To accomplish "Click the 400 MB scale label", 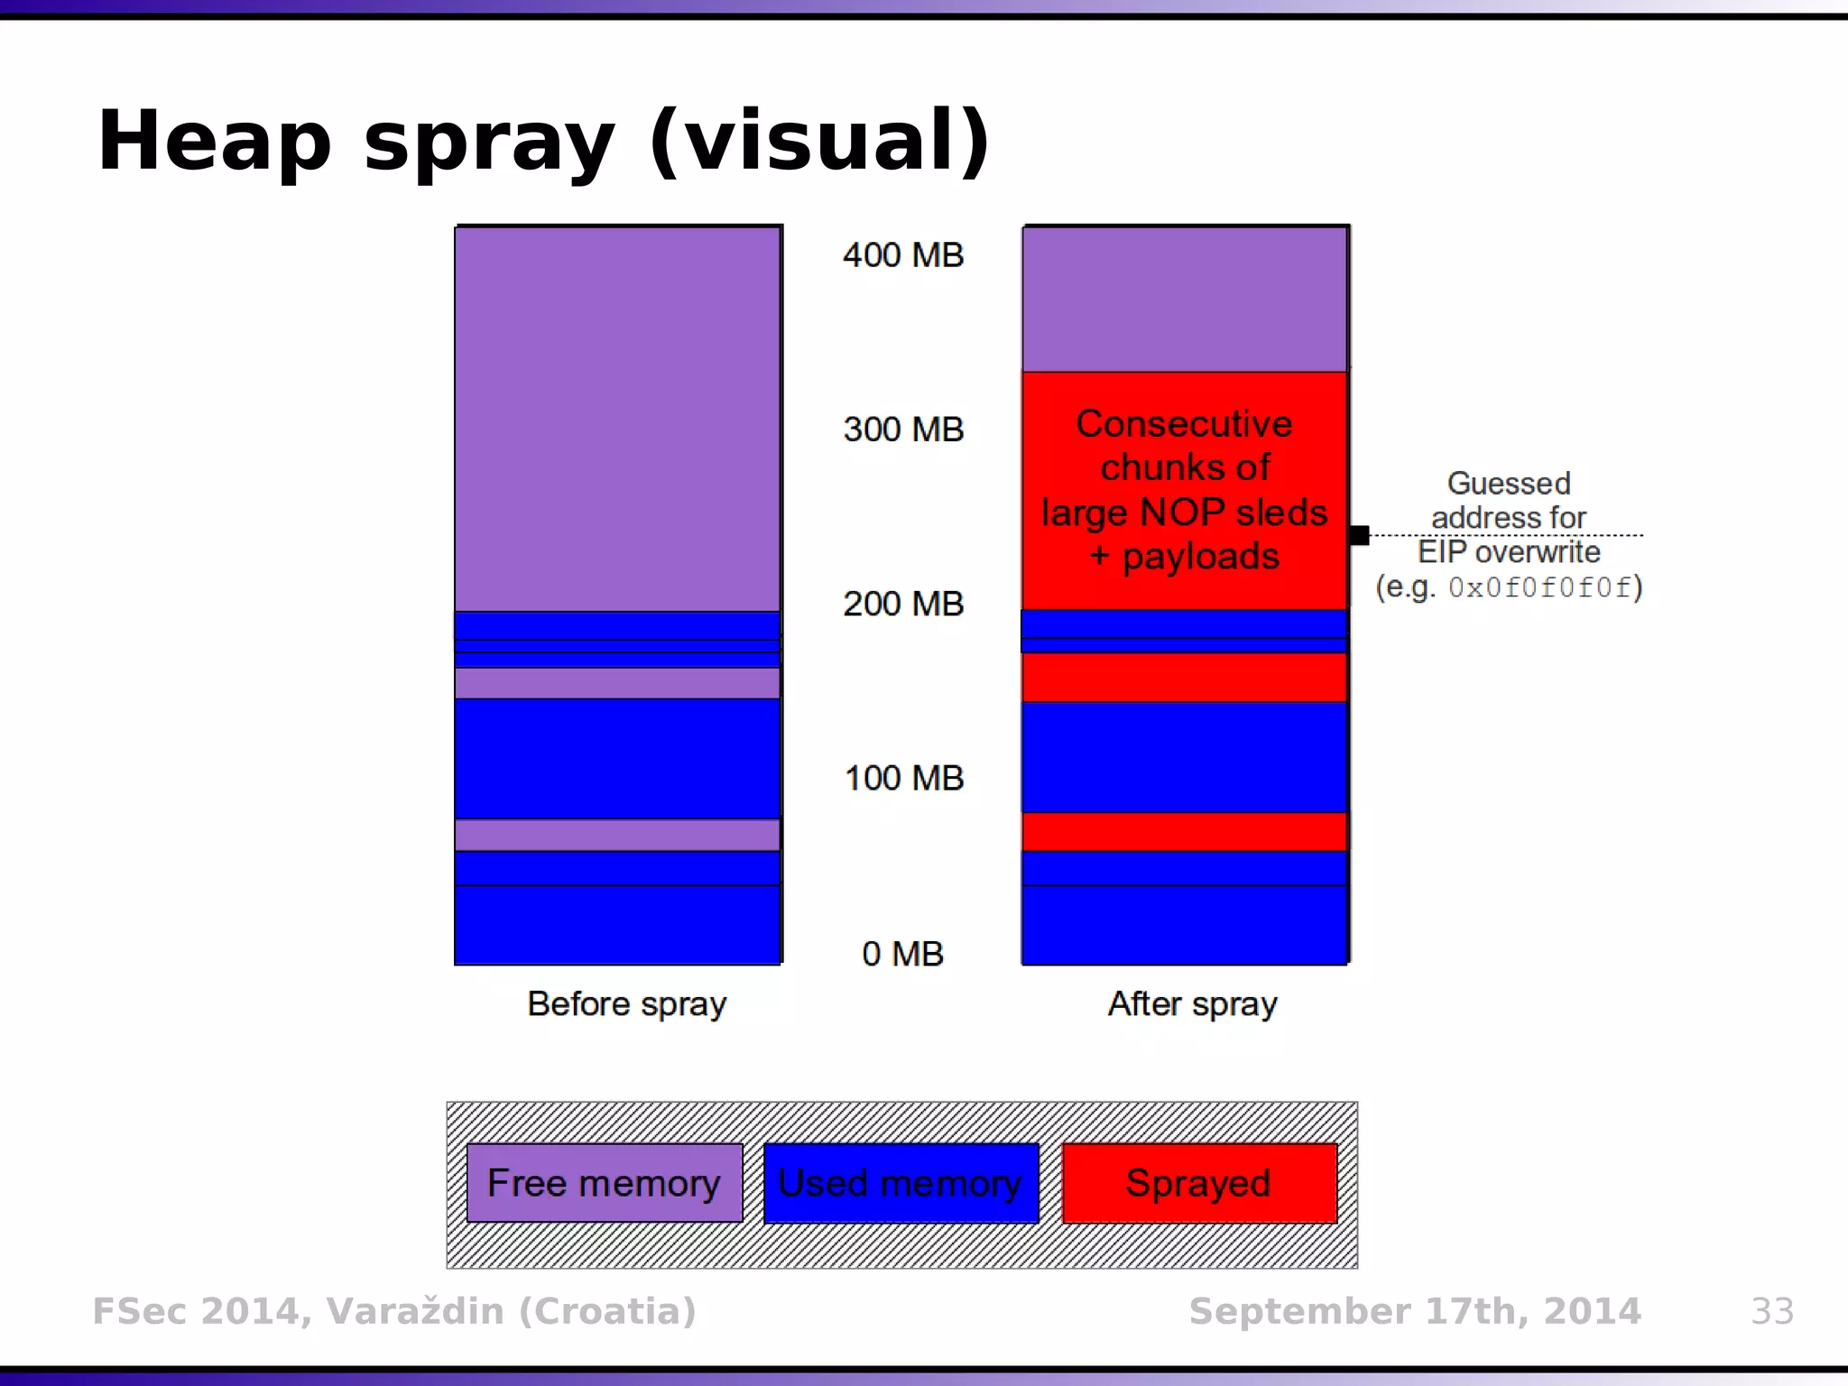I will tap(903, 255).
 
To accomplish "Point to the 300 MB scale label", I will tap(903, 430).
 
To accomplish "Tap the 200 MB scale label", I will tap(903, 604).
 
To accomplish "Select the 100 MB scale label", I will tap(903, 778).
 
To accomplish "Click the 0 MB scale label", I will tap(902, 954).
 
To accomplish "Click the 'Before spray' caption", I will tap(626, 1004).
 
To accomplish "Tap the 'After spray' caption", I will tap(1192, 1004).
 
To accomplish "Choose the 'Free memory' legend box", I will tap(604, 1183).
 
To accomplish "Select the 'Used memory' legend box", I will tap(901, 1183).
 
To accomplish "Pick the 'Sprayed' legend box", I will tap(1199, 1183).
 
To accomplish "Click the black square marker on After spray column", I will tap(1359, 535).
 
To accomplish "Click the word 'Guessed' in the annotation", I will tap(1509, 484).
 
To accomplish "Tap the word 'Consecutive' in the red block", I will tap(1184, 424).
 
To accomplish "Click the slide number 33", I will tap(1772, 1311).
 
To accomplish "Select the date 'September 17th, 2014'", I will tap(1415, 1311).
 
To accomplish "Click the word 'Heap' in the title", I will tap(215, 142).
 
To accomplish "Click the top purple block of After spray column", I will tap(1185, 299).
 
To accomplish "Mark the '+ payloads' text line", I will tap(1184, 557).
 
